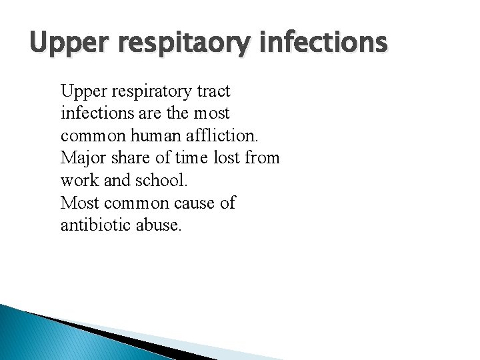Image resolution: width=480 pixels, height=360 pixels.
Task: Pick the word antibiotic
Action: pos(91,225)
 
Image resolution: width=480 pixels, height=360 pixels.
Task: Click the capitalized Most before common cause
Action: pos(77,203)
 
